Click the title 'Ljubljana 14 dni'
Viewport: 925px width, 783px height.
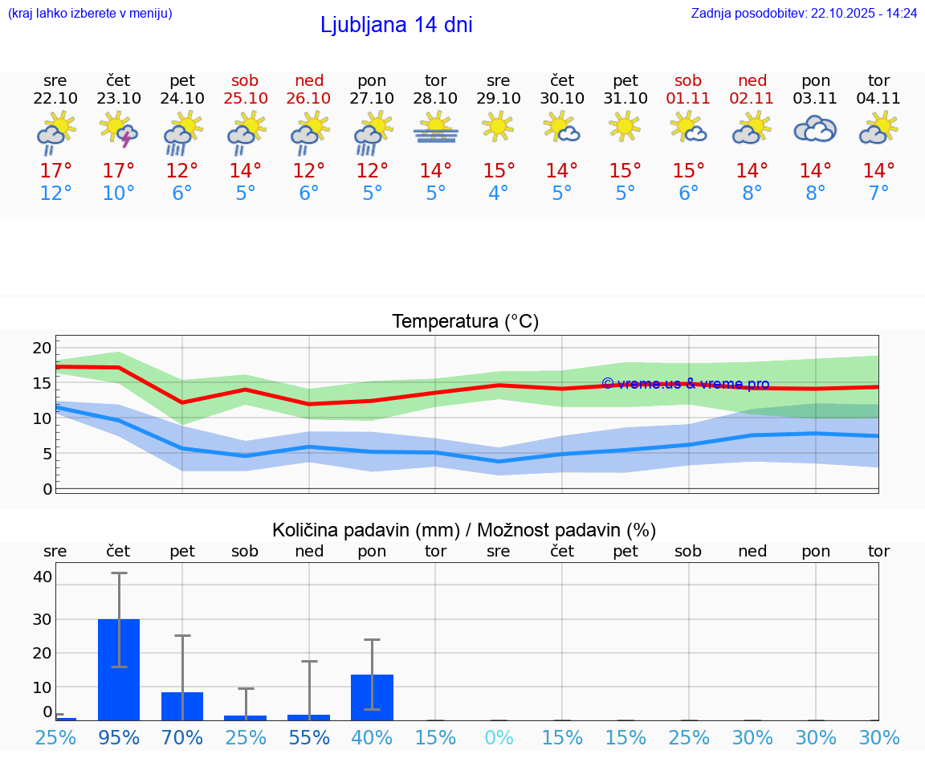point(396,25)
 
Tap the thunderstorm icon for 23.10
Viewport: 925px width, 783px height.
point(119,130)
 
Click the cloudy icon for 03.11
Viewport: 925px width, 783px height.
point(815,129)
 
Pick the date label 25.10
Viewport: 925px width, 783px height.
point(245,99)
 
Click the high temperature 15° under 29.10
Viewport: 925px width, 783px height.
point(499,171)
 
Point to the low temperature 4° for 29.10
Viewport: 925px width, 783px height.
point(499,194)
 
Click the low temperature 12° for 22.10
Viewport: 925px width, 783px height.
point(55,194)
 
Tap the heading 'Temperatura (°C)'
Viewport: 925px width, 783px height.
point(465,322)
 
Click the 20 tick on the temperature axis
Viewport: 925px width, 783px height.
point(43,349)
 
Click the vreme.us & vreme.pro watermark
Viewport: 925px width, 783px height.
point(685,384)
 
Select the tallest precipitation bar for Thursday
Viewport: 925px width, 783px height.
point(119,669)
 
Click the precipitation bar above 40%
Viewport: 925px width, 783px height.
point(372,697)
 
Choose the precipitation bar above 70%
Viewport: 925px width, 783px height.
point(182,706)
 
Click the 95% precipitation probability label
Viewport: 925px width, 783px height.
point(119,737)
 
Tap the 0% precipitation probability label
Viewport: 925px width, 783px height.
point(499,737)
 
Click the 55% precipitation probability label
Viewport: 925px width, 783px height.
point(309,737)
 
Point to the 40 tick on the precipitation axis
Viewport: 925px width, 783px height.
point(43,577)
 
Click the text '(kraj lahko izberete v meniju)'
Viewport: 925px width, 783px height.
point(90,14)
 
